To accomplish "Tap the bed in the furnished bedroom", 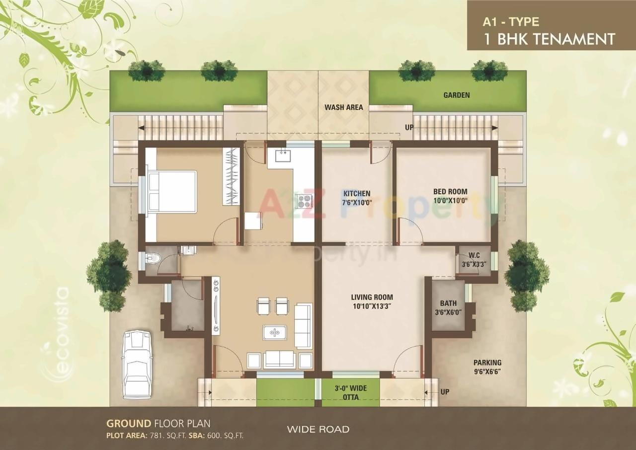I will point(171,192).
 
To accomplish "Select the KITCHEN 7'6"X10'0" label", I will point(357,198).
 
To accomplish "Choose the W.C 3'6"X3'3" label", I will point(474,261).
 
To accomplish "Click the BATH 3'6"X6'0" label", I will point(448,307).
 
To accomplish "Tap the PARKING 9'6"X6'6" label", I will point(487,367).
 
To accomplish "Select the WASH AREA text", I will point(343,107).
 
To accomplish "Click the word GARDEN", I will point(456,95).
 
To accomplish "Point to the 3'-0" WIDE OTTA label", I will point(351,392).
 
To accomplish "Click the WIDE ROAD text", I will point(318,429).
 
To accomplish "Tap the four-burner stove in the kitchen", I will point(303,201).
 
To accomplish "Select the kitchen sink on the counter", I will point(282,155).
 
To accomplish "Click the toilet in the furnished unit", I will point(153,258).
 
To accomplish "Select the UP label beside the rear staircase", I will point(409,128).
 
